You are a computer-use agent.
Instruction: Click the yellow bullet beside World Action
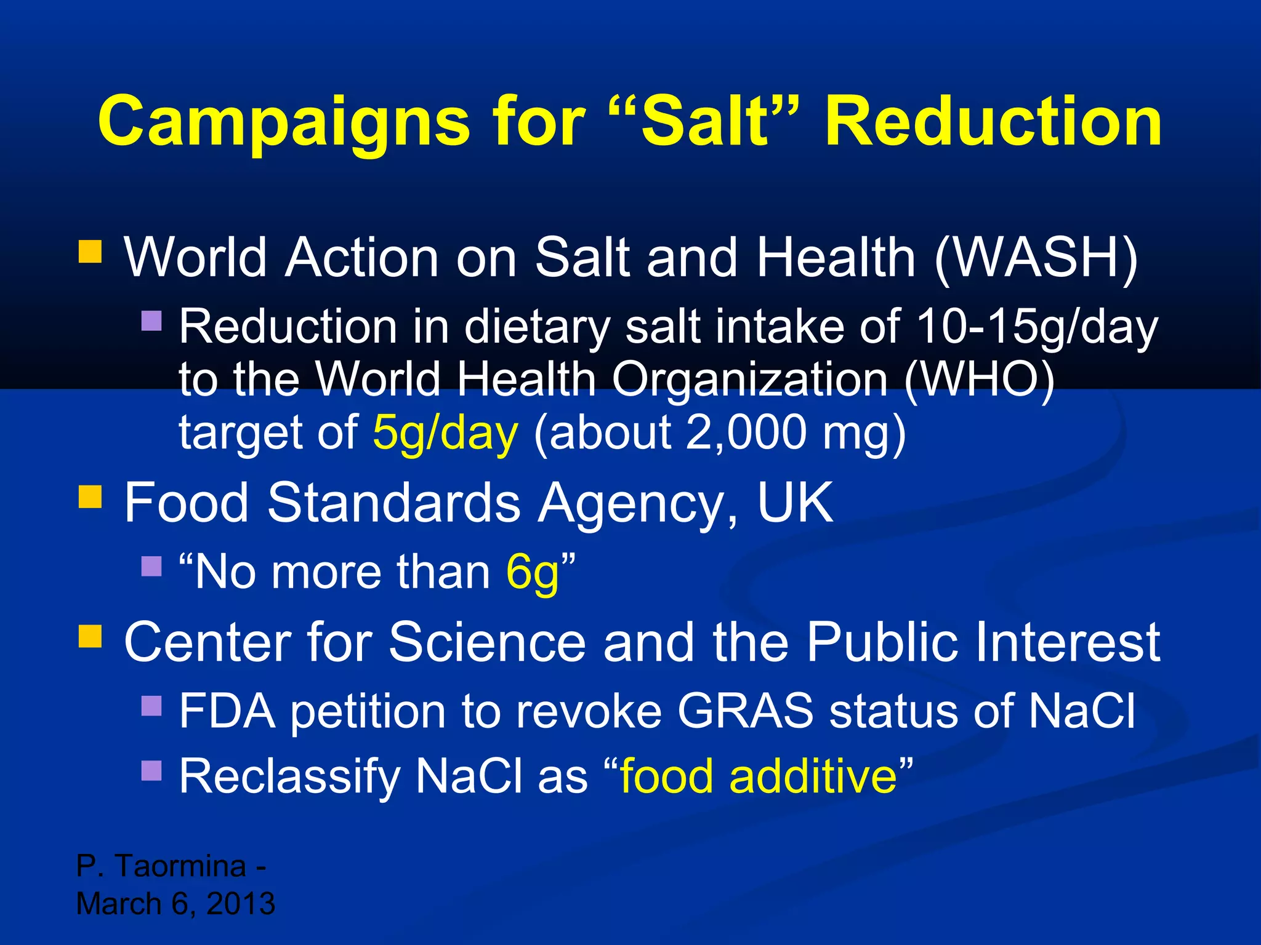click(90, 252)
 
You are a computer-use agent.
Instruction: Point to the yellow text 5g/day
click(445, 432)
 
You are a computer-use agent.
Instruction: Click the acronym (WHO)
click(980, 379)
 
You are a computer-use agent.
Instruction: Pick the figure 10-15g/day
click(1037, 327)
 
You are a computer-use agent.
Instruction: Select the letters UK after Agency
click(795, 502)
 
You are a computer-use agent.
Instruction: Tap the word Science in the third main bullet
click(487, 642)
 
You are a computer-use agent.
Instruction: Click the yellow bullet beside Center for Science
click(90, 636)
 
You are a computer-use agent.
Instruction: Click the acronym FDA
click(227, 711)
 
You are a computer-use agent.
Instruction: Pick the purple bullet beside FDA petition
click(151, 706)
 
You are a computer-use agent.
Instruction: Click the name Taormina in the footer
click(181, 866)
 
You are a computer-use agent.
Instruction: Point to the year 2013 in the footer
click(241, 903)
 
